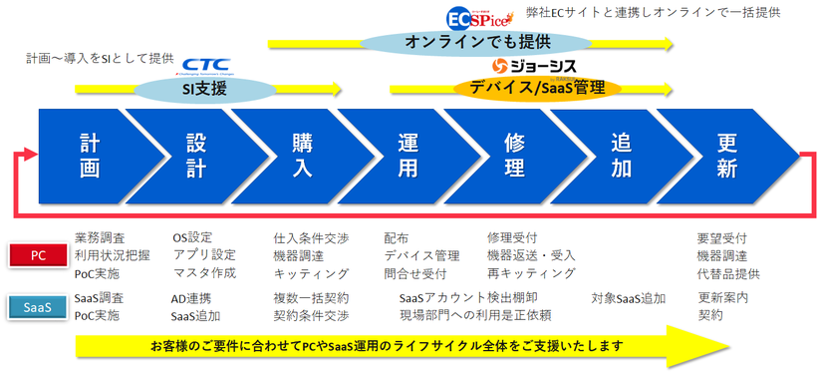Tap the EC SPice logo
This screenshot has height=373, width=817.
coord(477,19)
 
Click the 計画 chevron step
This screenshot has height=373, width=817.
coord(92,156)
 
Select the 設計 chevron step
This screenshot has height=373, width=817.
coord(196,156)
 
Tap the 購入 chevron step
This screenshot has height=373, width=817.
coord(302,156)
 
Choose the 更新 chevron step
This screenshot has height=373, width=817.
coord(727,156)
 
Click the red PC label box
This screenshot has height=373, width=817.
coord(39,255)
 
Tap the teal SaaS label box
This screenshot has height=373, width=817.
coord(39,307)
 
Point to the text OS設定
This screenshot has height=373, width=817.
coord(192,237)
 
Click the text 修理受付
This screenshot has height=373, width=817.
coord(512,237)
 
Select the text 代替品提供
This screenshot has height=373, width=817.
coord(728,273)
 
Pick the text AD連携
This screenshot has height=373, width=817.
coord(190,297)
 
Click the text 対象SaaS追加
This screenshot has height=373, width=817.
coord(629,297)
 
